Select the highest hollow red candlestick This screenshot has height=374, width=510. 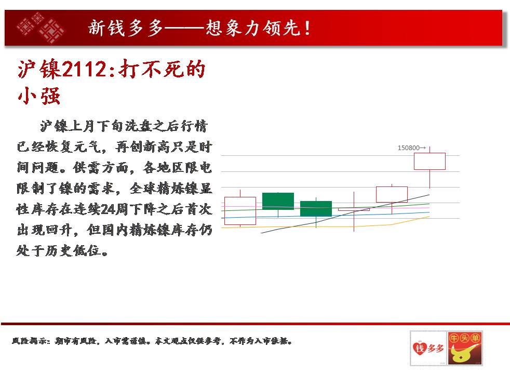point(430,162)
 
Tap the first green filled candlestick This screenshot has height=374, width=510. point(278,201)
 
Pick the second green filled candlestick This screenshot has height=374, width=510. point(316,209)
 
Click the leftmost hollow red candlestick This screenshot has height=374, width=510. point(240,211)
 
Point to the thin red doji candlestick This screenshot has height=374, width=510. point(354,210)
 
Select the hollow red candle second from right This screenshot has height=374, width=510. point(392,194)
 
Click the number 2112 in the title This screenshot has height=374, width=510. point(84,69)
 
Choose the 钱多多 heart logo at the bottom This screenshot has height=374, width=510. point(428,348)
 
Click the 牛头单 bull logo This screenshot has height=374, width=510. point(465,348)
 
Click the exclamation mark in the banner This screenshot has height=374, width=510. point(307,28)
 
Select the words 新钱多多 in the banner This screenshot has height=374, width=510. point(125,28)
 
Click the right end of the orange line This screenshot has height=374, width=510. point(430,217)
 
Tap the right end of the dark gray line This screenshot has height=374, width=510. point(430,195)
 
